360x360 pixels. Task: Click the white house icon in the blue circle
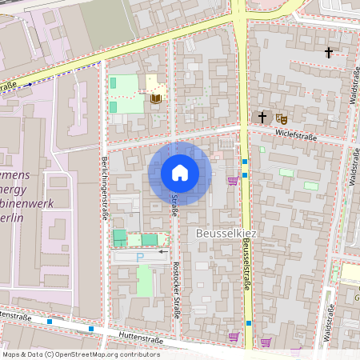(180, 173)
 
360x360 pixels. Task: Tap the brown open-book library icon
(156, 98)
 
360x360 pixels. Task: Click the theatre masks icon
(281, 118)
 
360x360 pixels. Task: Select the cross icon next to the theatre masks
(262, 118)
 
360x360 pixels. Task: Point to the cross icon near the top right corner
(328, 53)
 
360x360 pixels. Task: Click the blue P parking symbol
(140, 257)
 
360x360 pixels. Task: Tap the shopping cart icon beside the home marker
(233, 180)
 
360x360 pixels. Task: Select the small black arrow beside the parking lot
(162, 251)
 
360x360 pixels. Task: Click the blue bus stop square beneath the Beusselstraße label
(248, 323)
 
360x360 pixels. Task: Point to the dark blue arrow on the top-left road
(29, 83)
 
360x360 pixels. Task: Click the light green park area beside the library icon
(124, 83)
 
